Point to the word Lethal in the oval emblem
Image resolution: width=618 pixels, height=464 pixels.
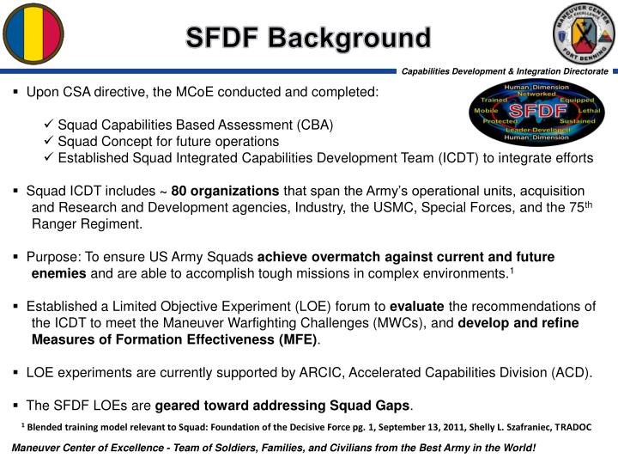coord(590,112)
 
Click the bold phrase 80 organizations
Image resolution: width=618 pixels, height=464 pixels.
coord(225,190)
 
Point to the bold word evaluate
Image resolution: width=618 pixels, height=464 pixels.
coord(417,307)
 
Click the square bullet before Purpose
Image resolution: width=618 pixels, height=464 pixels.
coord(17,257)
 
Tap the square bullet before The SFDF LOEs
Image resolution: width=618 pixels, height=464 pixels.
coord(17,406)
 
